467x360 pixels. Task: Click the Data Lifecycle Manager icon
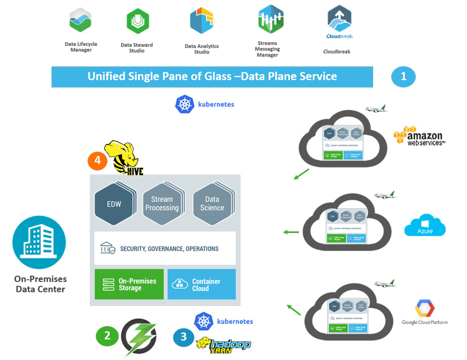[x=81, y=21]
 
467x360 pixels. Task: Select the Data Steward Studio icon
[x=138, y=22]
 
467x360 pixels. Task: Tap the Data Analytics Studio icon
[x=201, y=21]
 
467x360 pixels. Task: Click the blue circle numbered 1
[x=403, y=76]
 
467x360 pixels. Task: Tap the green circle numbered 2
[x=108, y=336]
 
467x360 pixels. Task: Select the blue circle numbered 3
[x=183, y=338]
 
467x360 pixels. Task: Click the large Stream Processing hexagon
[x=162, y=203]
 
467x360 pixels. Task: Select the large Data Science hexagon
[x=212, y=203]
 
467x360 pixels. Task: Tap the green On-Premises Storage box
[x=129, y=284]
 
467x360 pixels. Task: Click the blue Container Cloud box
[x=201, y=284]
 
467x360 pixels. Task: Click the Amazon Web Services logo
[x=419, y=136]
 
